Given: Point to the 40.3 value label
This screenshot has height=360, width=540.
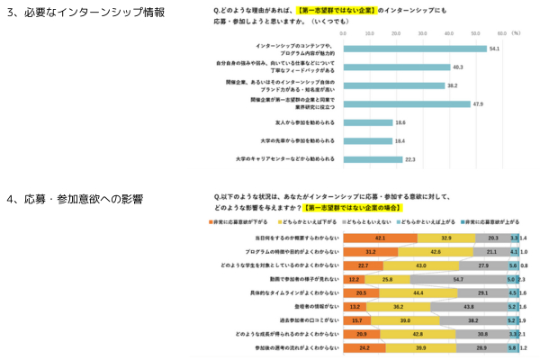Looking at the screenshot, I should coord(457,67).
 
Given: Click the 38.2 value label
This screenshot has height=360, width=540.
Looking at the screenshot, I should coord(452,85).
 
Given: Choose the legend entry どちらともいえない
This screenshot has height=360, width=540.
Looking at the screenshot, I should coord(364,221).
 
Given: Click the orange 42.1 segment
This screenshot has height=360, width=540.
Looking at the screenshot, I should coord(380,238).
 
